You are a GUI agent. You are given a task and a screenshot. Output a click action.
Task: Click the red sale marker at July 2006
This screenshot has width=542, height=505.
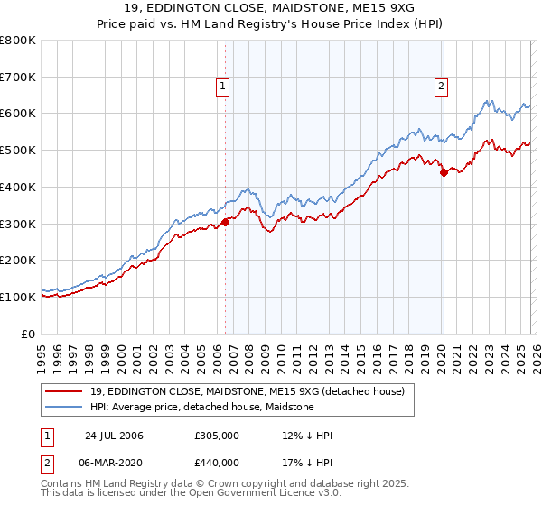tap(225, 222)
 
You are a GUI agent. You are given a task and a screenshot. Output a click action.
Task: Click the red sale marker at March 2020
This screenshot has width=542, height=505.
tap(443, 172)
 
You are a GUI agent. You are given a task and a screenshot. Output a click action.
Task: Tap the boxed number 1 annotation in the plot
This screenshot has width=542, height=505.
tap(222, 87)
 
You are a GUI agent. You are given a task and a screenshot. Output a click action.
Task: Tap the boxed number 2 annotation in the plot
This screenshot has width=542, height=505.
tap(441, 87)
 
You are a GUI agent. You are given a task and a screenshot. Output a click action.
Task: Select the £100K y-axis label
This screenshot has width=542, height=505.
tap(18, 297)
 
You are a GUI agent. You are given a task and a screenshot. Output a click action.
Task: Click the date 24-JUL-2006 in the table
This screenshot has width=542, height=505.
tap(114, 436)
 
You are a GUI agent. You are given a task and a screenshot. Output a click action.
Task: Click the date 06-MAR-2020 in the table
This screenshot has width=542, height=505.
tap(115, 462)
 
